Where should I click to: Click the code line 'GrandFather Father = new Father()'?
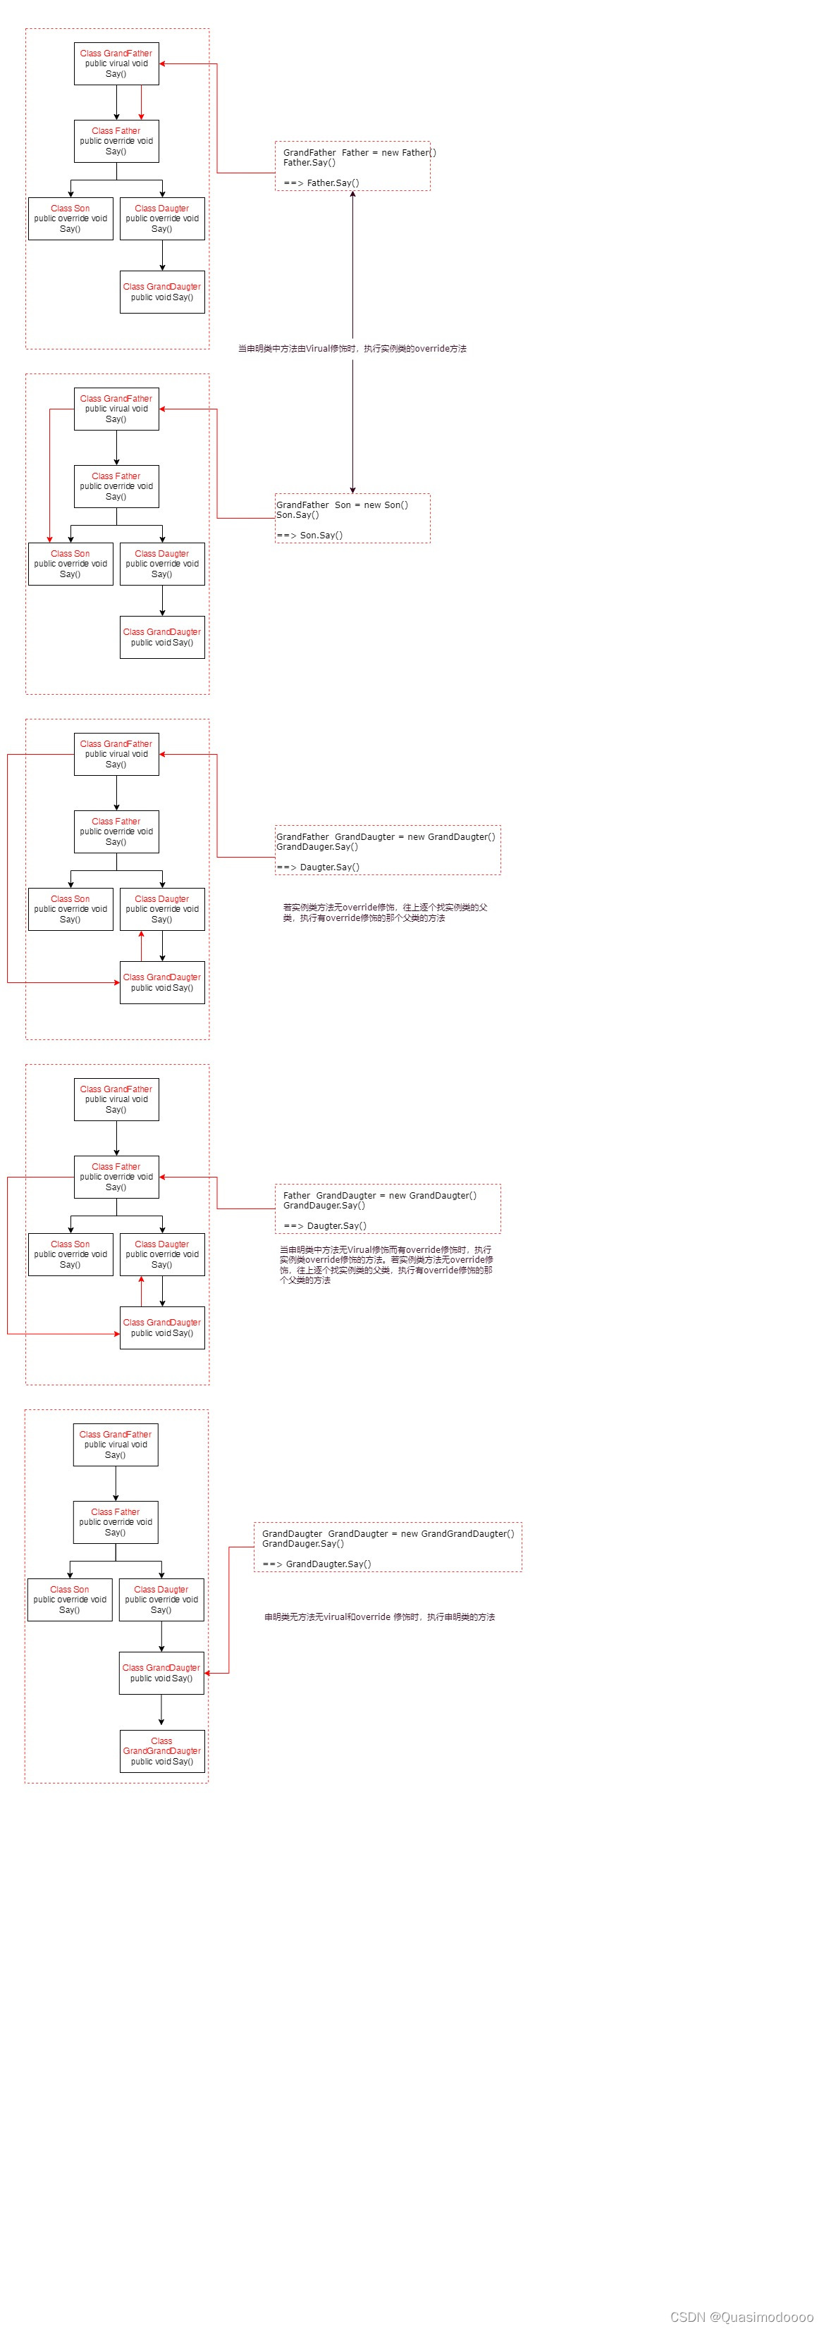359,153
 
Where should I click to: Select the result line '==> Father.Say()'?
321,183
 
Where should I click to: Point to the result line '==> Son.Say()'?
309,535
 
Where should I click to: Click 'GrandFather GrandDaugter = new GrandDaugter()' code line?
385,837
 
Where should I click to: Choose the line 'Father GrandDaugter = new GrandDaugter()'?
379,1195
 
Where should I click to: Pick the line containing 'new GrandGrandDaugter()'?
388,1534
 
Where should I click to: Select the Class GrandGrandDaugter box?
161,1751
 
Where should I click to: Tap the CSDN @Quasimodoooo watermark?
742,2316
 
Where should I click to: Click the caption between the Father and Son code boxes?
352,348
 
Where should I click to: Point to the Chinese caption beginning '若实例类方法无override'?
385,912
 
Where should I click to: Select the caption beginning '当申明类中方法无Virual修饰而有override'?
386,1264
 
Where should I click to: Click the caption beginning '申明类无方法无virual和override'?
379,1616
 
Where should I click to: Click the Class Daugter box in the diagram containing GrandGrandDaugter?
161,1599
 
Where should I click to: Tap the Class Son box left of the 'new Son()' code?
70,564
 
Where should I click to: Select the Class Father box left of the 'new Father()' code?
116,141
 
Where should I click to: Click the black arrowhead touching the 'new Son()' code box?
352,490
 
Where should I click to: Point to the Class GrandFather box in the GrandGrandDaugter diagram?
115,1445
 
